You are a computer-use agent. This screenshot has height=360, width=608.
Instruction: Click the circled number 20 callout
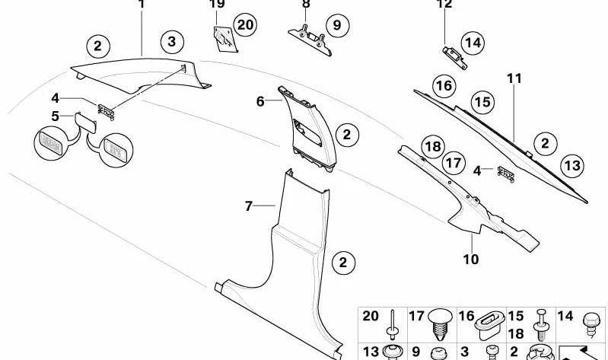coord(244,26)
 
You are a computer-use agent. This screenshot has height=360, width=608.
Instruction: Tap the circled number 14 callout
coord(473,43)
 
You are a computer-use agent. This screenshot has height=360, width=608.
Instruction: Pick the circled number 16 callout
coord(444,86)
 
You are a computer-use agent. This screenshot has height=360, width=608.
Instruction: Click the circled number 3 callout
coord(172,41)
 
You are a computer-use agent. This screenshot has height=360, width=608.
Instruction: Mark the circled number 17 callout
coord(454,162)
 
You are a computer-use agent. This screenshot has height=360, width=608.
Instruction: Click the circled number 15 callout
coord(481,101)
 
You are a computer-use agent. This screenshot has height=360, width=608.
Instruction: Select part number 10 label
coord(471,260)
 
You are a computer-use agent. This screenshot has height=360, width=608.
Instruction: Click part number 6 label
coord(260,100)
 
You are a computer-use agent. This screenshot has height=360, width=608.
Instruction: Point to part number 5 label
coord(55,116)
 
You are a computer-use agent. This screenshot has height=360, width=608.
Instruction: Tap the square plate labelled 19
coord(224,37)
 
